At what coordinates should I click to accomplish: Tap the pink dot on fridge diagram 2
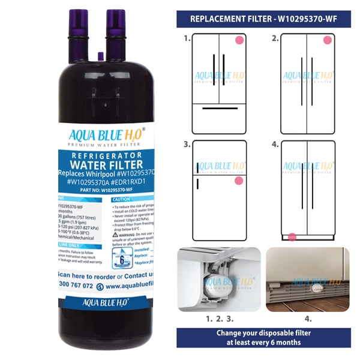pos(327,41)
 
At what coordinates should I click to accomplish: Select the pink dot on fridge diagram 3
pos(239,180)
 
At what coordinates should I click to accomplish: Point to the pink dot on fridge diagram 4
pos(292,237)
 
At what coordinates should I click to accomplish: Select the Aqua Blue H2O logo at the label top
pos(106,137)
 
